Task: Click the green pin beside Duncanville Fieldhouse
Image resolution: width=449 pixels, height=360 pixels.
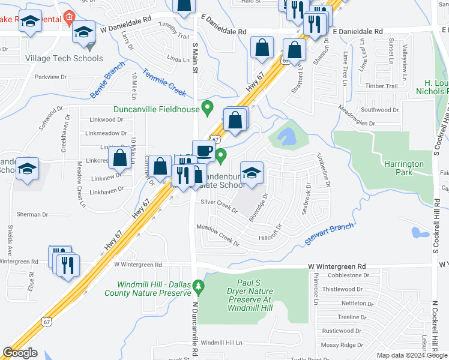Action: (x=208, y=108)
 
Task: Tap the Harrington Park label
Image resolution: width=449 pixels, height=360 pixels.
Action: (x=405, y=168)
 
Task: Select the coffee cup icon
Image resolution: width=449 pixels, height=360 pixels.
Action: (x=203, y=150)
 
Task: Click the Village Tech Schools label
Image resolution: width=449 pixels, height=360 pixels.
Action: (x=64, y=59)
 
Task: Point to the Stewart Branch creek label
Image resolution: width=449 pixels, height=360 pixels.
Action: (x=330, y=232)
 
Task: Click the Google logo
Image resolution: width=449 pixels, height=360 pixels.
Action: (x=20, y=353)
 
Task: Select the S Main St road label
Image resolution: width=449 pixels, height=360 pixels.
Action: (x=194, y=59)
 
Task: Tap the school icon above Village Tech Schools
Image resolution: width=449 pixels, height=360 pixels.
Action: (x=83, y=32)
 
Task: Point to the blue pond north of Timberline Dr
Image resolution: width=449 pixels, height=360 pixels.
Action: (x=288, y=137)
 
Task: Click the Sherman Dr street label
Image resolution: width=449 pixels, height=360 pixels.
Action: (x=32, y=214)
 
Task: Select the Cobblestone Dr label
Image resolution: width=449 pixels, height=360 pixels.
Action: (x=351, y=275)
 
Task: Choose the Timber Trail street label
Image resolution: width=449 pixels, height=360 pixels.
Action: (x=381, y=86)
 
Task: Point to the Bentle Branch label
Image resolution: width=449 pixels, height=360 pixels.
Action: (x=107, y=80)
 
